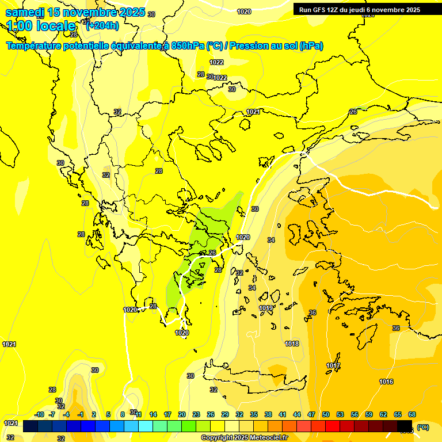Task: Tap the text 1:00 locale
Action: (x=41, y=26)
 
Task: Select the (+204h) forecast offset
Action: (x=102, y=25)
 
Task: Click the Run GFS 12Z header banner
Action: (x=360, y=9)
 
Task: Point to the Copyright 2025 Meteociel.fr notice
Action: (x=244, y=437)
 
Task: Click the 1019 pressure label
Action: (x=266, y=308)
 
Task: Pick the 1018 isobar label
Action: (x=292, y=344)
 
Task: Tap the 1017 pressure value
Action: (x=333, y=365)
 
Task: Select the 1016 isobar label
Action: (x=386, y=382)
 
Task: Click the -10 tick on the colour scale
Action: (x=39, y=414)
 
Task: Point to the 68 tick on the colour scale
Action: (x=412, y=414)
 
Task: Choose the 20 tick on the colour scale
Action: (x=182, y=414)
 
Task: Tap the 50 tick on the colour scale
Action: (x=326, y=414)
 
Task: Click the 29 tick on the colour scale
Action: (x=225, y=414)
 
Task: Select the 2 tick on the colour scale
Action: (x=94, y=414)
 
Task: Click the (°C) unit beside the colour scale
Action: (x=423, y=427)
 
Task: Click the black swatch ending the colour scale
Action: (x=405, y=426)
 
